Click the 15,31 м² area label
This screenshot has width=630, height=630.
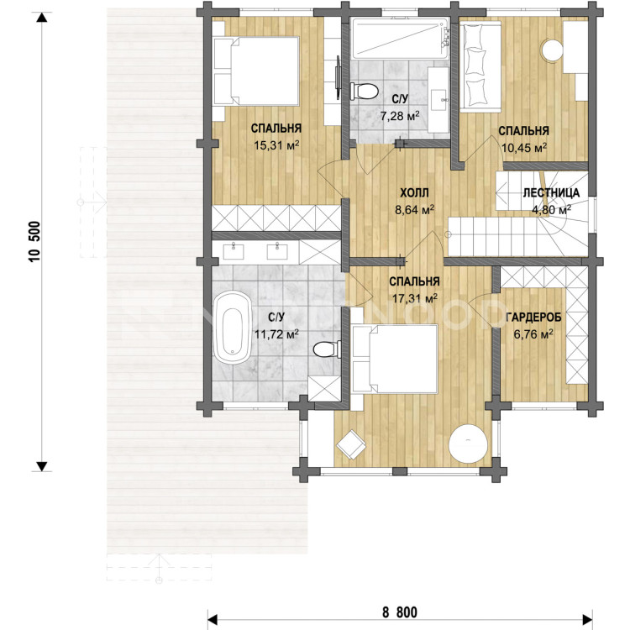pyautogui.click(x=276, y=145)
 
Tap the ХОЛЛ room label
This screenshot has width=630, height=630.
pyautogui.click(x=414, y=193)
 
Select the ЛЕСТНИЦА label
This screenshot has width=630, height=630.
pyautogui.click(x=551, y=193)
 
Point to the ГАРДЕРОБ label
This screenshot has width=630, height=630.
pyautogui.click(x=533, y=318)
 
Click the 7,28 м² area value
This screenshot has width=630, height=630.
pyautogui.click(x=400, y=117)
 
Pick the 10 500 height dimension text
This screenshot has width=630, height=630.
pyautogui.click(x=34, y=241)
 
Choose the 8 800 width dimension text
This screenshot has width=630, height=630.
pyautogui.click(x=400, y=612)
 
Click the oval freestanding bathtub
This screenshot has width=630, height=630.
pyautogui.click(x=232, y=328)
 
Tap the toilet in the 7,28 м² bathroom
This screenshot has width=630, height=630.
pyautogui.click(x=364, y=92)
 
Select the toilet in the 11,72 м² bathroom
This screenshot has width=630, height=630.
pyautogui.click(x=327, y=349)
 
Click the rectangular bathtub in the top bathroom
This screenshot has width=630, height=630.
pyautogui.click(x=401, y=39)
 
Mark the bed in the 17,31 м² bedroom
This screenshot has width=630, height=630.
pyautogui.click(x=394, y=359)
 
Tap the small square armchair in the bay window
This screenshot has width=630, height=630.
pyautogui.click(x=352, y=444)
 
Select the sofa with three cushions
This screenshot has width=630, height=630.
pyautogui.click(x=480, y=66)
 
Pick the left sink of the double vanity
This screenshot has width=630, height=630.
pyautogui.click(x=233, y=251)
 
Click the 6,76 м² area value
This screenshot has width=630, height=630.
pyautogui.click(x=533, y=333)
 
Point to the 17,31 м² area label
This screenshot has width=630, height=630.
pyautogui.click(x=414, y=297)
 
